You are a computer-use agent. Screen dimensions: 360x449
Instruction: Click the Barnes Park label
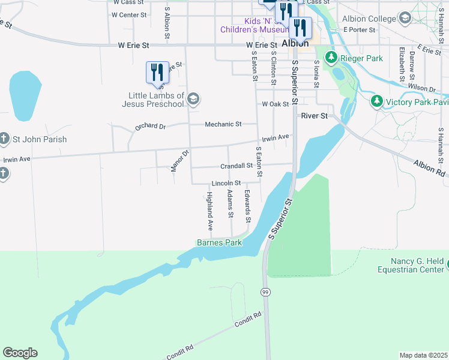(x=219, y=243)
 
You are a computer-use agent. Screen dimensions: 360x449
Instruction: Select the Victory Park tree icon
(x=376, y=101)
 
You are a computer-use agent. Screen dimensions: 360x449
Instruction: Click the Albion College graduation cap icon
(x=405, y=19)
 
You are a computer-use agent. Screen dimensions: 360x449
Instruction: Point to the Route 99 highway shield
(x=265, y=292)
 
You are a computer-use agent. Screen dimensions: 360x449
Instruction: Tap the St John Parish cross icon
(x=4, y=139)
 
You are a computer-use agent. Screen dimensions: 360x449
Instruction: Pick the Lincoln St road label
(x=226, y=183)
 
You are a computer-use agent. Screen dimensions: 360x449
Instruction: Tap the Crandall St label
(x=237, y=166)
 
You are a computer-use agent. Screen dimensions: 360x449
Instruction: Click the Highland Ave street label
(x=210, y=211)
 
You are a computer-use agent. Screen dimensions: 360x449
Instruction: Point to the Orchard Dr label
(x=149, y=127)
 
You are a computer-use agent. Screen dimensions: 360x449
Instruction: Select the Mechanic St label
(x=223, y=124)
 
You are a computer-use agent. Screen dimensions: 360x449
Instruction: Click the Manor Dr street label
(x=179, y=161)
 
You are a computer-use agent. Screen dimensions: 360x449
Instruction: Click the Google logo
(x=20, y=353)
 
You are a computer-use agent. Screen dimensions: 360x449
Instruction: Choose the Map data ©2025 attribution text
(x=423, y=355)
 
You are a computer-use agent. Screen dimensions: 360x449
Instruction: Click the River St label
(x=315, y=115)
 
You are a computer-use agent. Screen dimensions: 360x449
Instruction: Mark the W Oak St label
(x=276, y=104)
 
